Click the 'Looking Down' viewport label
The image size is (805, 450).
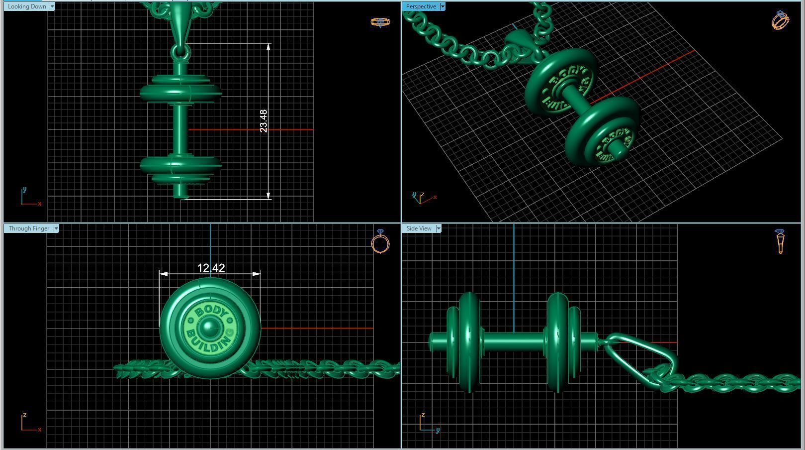click(27, 6)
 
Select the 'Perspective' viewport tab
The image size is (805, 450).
click(421, 6)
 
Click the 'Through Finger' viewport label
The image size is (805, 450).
click(29, 228)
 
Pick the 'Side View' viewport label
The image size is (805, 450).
click(419, 228)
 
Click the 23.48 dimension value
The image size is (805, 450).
click(264, 121)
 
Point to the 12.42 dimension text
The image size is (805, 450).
click(211, 268)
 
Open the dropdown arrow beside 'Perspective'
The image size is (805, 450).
click(442, 6)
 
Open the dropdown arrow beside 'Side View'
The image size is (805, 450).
click(439, 228)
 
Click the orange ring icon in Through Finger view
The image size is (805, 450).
click(380, 242)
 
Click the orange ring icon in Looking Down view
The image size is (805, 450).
click(380, 22)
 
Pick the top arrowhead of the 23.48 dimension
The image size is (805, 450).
click(268, 47)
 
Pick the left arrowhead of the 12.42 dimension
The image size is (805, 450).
click(163, 274)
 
